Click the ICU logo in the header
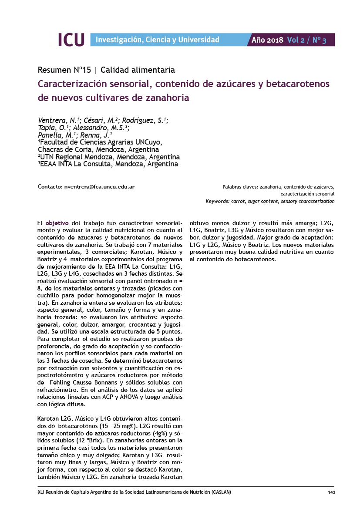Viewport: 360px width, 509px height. click(x=71, y=40)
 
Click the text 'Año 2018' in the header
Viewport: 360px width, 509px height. click(x=267, y=40)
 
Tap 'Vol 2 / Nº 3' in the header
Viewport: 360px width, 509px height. click(x=306, y=40)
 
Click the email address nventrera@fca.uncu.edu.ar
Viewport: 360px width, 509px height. click(x=99, y=187)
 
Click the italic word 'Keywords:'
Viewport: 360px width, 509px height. click(x=218, y=202)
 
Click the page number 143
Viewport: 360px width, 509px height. click(x=331, y=492)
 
